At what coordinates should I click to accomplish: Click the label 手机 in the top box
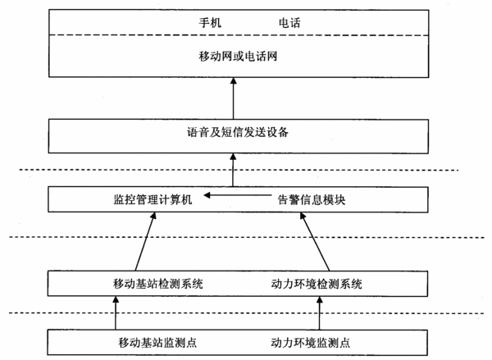(x=210, y=23)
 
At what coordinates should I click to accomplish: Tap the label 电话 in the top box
(x=289, y=23)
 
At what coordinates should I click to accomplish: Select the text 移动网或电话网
(x=238, y=57)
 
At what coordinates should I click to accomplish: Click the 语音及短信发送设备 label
(x=238, y=132)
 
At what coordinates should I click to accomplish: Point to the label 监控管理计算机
(x=153, y=199)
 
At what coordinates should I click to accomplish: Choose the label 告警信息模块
(x=312, y=199)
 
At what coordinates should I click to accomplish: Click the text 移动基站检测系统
(x=158, y=284)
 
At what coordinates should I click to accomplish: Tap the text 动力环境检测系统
(x=317, y=284)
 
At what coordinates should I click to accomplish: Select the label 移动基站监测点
(x=157, y=342)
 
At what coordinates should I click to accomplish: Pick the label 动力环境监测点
(x=310, y=342)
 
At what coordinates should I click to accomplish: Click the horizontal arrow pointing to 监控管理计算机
(x=238, y=195)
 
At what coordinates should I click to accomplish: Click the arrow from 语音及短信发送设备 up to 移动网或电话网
(x=233, y=98)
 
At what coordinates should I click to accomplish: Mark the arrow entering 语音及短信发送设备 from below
(x=233, y=170)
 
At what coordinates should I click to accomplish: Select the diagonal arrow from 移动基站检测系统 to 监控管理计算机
(x=145, y=241)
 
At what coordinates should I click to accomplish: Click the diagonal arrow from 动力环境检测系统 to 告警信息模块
(x=315, y=241)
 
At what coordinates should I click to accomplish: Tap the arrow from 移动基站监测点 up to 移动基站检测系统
(x=116, y=313)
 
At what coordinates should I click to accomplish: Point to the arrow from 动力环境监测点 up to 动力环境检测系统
(x=320, y=313)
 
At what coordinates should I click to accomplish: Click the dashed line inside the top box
(x=239, y=35)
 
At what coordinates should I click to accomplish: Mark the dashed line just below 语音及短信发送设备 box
(x=239, y=170)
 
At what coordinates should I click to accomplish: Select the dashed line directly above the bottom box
(x=246, y=313)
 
